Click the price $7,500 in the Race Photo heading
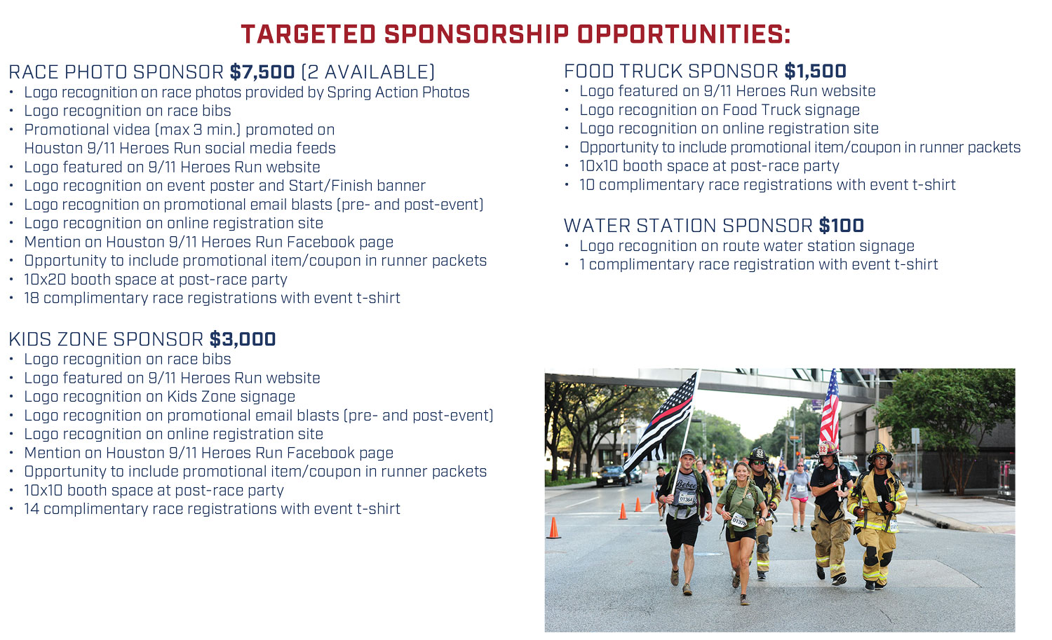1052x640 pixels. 262,72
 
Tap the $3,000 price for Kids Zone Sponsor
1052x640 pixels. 243,339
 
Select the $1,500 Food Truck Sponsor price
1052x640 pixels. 815,71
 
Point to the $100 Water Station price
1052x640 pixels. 841,226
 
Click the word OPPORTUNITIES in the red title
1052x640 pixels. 684,34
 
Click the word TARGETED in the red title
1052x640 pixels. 309,34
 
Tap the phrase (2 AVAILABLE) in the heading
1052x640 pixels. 367,72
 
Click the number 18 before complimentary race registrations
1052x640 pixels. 32,298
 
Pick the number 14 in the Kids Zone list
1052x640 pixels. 32,508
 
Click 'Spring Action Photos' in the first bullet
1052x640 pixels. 398,93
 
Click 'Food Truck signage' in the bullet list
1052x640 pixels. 791,110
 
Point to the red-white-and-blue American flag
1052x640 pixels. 830,409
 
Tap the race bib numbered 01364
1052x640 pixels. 686,498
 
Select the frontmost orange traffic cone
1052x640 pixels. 554,528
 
